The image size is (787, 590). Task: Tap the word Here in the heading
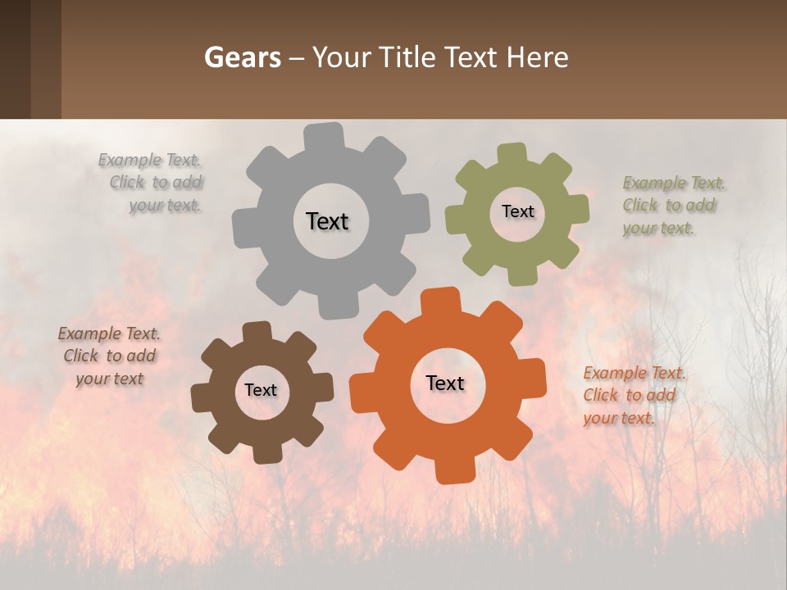(538, 57)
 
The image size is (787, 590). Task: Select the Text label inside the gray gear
(327, 221)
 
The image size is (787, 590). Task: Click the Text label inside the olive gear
(517, 211)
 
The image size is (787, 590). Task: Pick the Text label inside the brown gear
(261, 390)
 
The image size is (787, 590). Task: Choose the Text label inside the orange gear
(445, 383)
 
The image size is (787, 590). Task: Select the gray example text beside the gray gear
(156, 183)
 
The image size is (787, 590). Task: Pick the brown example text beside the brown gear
(110, 356)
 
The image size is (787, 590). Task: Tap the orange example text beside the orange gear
(635, 395)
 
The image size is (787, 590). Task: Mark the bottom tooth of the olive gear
(521, 275)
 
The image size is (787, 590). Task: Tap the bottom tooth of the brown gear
(266, 453)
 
